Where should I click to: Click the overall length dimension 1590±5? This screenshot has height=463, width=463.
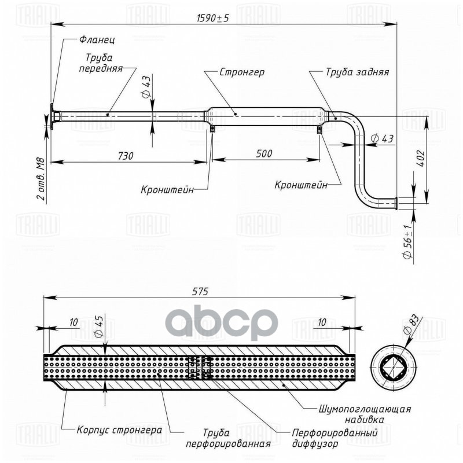pyautogui.click(x=213, y=18)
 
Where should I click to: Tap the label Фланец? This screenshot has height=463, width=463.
pyautogui.click(x=98, y=41)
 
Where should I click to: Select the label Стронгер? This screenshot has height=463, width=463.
pyautogui.click(x=242, y=73)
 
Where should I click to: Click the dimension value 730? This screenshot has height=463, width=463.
pyautogui.click(x=126, y=155)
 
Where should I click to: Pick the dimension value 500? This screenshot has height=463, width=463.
pyautogui.click(x=264, y=154)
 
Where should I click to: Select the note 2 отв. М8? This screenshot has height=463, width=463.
pyautogui.click(x=40, y=176)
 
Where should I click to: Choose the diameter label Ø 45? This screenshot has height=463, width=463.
pyautogui.click(x=98, y=328)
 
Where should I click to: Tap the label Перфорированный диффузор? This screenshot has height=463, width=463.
pyautogui.click(x=335, y=438)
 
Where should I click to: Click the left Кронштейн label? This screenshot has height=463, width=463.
pyautogui.click(x=167, y=189)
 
